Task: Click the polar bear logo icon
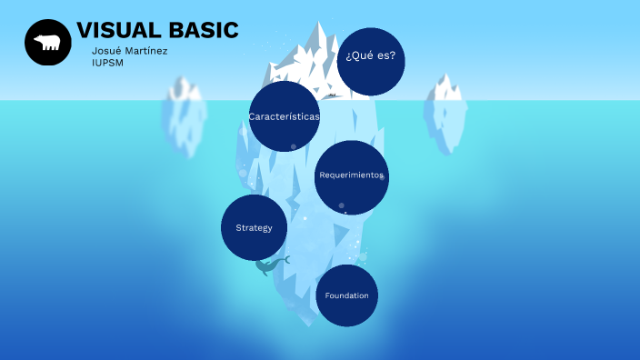coord(47,43)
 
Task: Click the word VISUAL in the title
coord(117,31)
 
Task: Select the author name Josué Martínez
coord(129,51)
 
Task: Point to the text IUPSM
coord(107,63)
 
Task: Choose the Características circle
coord(284,116)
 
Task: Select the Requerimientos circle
coord(351,176)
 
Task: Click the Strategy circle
coord(254,227)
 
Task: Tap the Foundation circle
coord(346,295)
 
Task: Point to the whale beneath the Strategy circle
coord(271,265)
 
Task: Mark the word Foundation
coord(346,295)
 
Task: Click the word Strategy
coord(254,227)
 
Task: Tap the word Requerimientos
coord(351,175)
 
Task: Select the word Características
coord(284,116)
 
